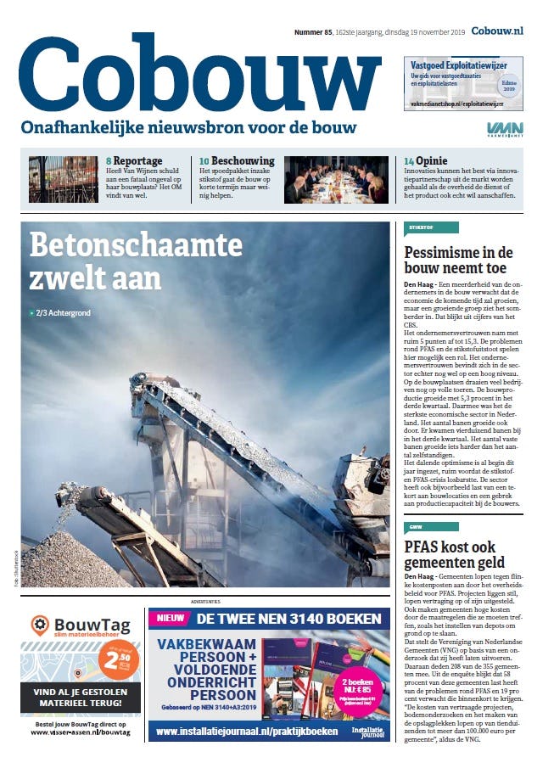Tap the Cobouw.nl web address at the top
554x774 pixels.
[x=497, y=31]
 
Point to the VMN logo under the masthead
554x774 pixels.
[x=504, y=129]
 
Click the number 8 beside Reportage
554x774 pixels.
[x=109, y=160]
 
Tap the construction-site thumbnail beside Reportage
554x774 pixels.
[x=63, y=179]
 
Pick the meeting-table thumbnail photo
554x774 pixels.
[x=336, y=179]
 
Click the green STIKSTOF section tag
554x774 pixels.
[x=430, y=227]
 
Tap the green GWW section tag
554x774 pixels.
[x=430, y=527]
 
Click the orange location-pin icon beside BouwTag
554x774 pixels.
[x=39, y=625]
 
